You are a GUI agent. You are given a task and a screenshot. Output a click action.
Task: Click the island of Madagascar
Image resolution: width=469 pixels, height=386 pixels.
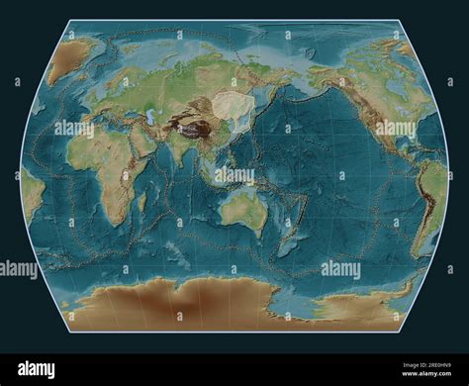[x=142, y=204]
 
